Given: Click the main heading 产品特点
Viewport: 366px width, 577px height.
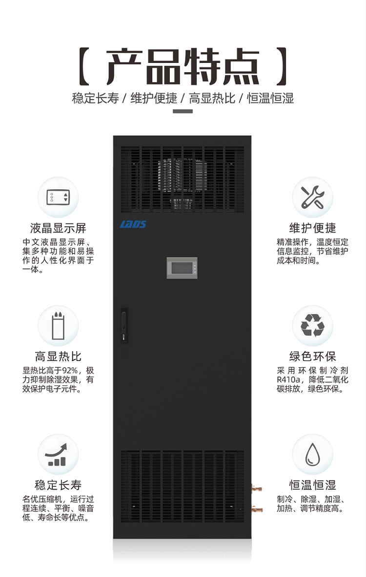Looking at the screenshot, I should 183,66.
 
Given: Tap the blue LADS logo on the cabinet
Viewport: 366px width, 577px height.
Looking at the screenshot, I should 133,224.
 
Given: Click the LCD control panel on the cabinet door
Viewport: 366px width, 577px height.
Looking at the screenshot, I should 182,269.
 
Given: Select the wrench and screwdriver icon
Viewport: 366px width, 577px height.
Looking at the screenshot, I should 312,197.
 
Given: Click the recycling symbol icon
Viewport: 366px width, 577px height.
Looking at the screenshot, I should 312,325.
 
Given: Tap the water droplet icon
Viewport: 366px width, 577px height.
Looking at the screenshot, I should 312,454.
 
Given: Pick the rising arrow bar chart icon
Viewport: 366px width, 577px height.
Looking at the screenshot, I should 58,454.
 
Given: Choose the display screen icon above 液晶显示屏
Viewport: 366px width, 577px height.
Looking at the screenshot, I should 58,197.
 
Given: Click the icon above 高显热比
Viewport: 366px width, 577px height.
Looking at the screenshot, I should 58,325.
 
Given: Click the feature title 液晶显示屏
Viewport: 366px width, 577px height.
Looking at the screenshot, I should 58,228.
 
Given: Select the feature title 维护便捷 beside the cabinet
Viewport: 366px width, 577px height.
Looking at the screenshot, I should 312,228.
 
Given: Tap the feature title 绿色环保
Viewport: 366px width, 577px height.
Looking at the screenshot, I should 312,357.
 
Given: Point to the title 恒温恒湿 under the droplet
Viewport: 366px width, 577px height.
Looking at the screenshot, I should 312,485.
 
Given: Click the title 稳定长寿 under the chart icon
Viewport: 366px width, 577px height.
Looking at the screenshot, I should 58,485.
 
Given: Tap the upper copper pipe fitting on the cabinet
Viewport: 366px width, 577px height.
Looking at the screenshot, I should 256,487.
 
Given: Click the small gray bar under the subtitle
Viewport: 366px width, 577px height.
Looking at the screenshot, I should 183,111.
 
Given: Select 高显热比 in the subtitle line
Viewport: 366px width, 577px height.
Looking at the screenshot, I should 212,98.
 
